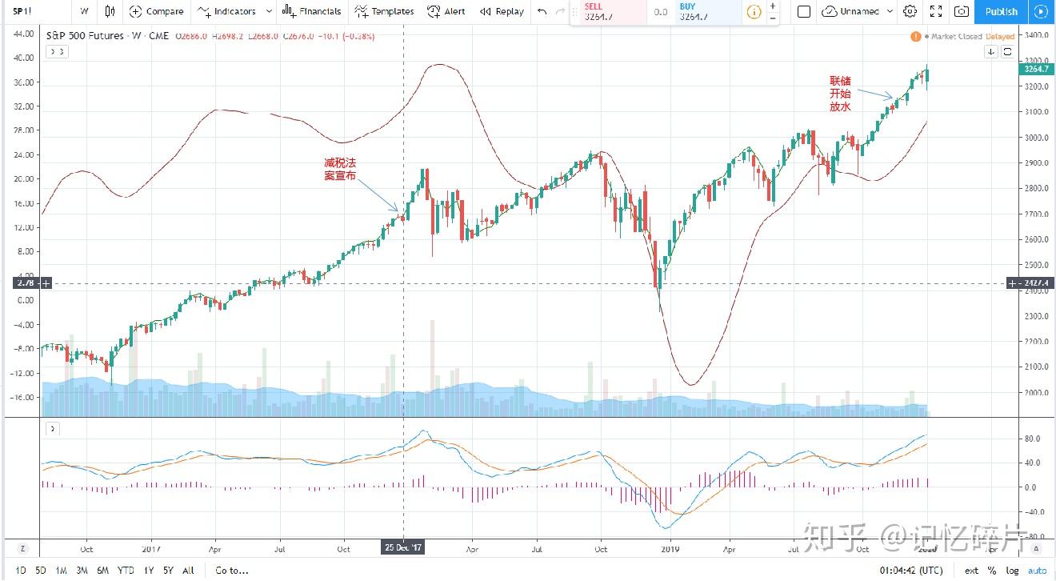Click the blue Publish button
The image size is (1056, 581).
(x=1001, y=11)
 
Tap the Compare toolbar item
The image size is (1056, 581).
(x=158, y=11)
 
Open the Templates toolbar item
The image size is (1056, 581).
(x=384, y=11)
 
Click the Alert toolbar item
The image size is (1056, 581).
(x=446, y=11)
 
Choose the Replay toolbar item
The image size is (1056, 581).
(x=502, y=11)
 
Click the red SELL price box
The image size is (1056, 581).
(x=608, y=11)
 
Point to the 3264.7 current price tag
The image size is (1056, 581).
(x=1035, y=69)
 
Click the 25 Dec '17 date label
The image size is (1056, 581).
(x=402, y=548)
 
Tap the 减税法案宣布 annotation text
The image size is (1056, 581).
(x=340, y=169)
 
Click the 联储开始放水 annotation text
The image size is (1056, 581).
(x=840, y=94)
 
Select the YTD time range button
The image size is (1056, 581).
(x=126, y=571)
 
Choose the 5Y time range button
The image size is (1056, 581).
(x=167, y=571)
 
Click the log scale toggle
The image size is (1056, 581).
(x=1014, y=571)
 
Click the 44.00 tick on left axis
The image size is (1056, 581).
(x=23, y=34)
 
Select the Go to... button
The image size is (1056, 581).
(x=232, y=571)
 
